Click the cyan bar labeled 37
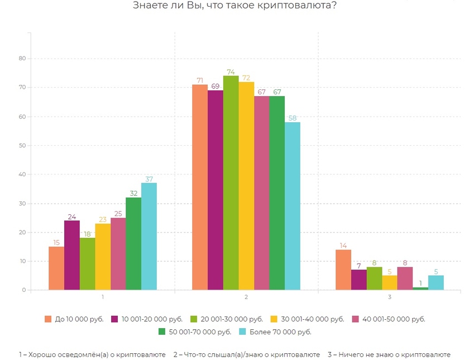[149, 236]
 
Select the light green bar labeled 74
[231, 183]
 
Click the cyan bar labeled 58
[292, 206]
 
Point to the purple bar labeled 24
[71, 255]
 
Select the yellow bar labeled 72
[246, 186]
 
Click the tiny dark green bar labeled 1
[420, 289]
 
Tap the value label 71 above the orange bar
[199, 79]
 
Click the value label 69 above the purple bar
[215, 85]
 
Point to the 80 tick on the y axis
[22, 59]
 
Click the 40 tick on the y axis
[22, 174]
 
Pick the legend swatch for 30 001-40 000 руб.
[266, 319]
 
